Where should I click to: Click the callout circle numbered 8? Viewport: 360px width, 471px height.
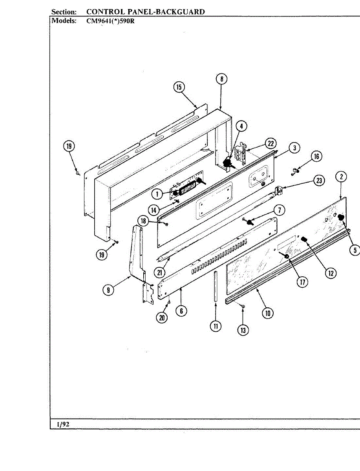(x=221, y=79)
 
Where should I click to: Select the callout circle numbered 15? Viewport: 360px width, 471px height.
(x=179, y=87)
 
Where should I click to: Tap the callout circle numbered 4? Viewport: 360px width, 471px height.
(x=241, y=126)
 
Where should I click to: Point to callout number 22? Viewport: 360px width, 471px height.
(x=270, y=143)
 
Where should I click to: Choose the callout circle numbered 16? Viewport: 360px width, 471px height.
(x=316, y=157)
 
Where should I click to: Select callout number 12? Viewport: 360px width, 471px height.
(x=331, y=274)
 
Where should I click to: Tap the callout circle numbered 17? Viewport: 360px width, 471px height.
(x=302, y=282)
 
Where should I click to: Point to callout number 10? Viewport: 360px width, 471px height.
(x=269, y=313)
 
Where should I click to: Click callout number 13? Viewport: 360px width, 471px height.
(x=243, y=330)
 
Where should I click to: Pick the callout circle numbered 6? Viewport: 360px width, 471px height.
(x=181, y=310)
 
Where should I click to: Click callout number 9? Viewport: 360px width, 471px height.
(x=109, y=290)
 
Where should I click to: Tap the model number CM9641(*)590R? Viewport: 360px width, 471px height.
(x=110, y=21)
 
